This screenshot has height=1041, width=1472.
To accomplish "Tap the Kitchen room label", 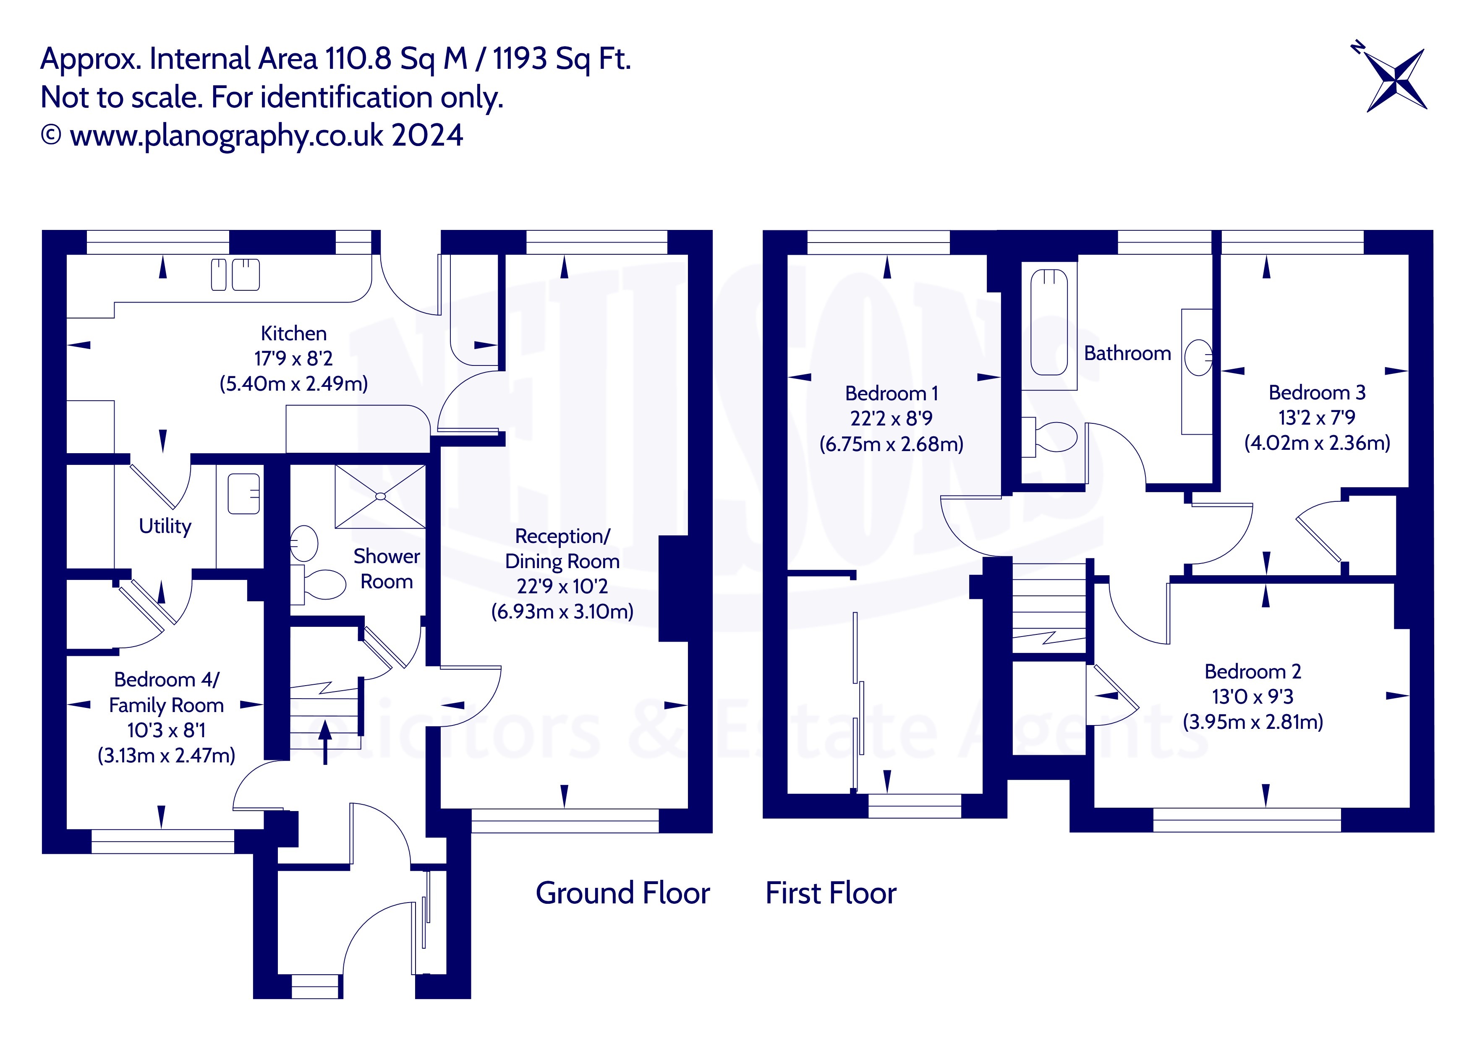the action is pyautogui.click(x=294, y=333).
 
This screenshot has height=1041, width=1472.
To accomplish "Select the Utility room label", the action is pyautogui.click(x=165, y=526).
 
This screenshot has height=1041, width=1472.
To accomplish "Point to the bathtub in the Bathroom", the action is pyautogui.click(x=1049, y=322).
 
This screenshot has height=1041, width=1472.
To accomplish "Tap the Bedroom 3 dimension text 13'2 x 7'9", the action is pyautogui.click(x=1317, y=418).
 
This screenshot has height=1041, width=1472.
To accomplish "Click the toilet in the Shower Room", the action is pyautogui.click(x=319, y=584).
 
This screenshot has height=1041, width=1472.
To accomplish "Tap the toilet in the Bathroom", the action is pyautogui.click(x=1049, y=437).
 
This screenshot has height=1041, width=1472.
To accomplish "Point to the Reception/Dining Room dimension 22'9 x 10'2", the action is pyautogui.click(x=562, y=587).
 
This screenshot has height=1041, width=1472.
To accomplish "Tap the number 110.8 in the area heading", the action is pyautogui.click(x=358, y=59).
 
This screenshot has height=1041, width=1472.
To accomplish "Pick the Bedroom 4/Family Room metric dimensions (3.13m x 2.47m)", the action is pyautogui.click(x=166, y=756).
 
